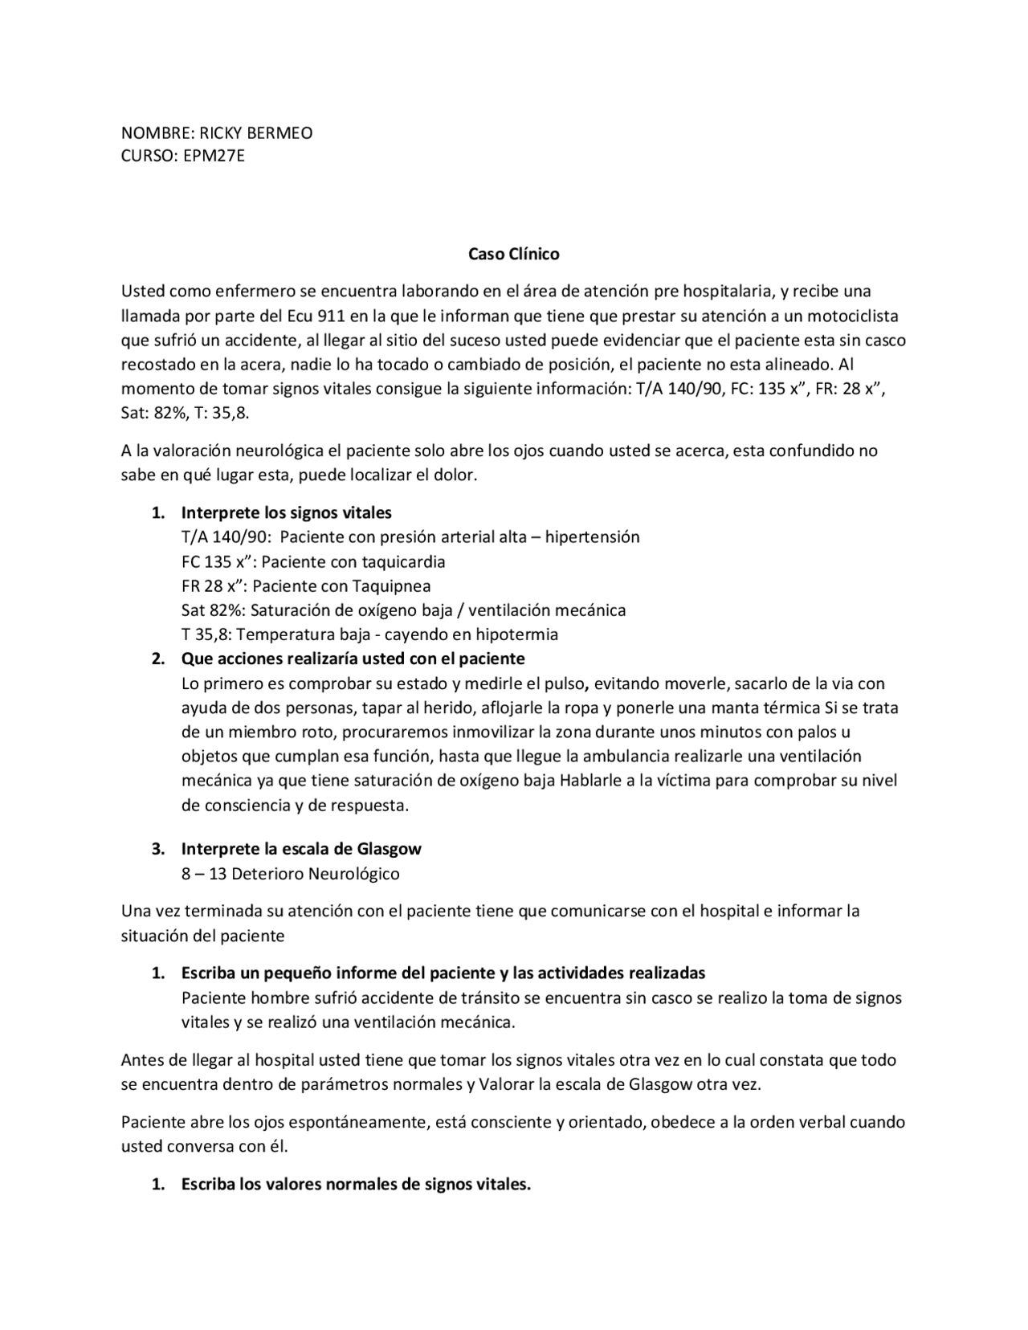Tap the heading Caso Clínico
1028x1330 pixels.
click(514, 254)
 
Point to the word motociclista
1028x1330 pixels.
click(852, 315)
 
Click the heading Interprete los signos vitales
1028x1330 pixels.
click(286, 512)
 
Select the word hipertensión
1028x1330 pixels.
click(592, 536)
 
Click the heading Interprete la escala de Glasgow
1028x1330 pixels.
click(301, 848)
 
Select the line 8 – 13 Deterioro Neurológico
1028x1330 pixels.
click(290, 873)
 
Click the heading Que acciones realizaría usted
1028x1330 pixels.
click(353, 659)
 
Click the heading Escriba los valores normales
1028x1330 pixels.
click(356, 1184)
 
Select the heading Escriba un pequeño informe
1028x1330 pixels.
click(443, 973)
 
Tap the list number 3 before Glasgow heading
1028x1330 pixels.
click(158, 848)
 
